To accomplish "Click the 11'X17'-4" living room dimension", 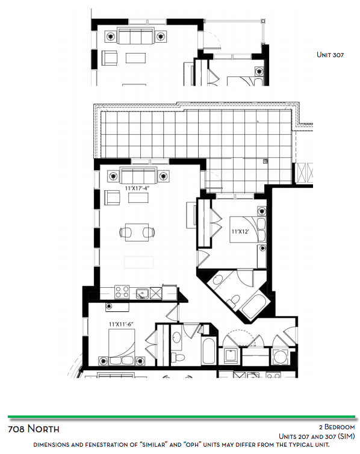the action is [x=137, y=188].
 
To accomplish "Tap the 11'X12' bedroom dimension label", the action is [x=240, y=232].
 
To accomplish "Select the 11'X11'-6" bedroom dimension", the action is [x=120, y=325].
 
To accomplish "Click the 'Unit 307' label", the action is [x=330, y=55].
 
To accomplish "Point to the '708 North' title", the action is [x=34, y=429].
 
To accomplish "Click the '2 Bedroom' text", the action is [x=337, y=427].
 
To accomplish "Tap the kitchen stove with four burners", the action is [x=122, y=292].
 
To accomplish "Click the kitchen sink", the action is [x=143, y=293].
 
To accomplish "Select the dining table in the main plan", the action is [x=137, y=232].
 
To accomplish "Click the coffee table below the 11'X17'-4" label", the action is [x=138, y=197].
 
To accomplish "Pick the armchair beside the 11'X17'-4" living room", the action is [x=112, y=197].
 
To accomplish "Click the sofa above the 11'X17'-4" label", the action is [x=138, y=175].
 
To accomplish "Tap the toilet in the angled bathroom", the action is [x=234, y=301].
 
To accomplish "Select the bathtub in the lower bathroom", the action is [x=208, y=350].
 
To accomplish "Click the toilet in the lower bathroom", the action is [x=178, y=357].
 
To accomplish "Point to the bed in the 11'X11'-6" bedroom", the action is [x=122, y=347].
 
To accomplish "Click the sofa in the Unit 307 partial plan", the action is [x=135, y=36].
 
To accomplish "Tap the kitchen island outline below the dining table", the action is [x=139, y=263].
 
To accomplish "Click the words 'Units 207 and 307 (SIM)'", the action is [x=317, y=437].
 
